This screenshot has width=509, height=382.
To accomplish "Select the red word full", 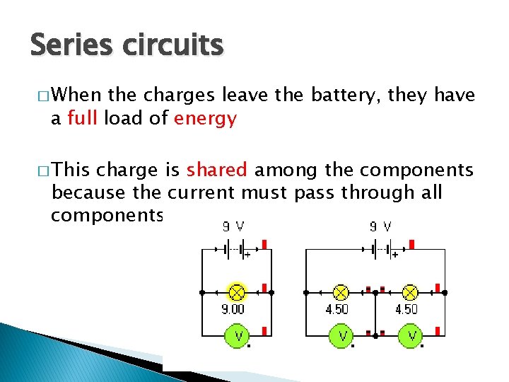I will click(83, 118).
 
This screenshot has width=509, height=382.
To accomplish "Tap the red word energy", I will click(205, 119).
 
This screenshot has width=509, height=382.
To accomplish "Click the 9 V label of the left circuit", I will click(234, 228).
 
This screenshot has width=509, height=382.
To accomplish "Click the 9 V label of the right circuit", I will click(382, 228).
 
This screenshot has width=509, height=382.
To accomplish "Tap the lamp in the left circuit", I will click(237, 291).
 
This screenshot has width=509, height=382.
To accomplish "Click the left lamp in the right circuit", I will click(341, 291).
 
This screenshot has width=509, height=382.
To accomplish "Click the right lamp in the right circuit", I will click(409, 291).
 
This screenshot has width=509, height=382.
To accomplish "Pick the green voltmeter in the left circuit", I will click(238, 335).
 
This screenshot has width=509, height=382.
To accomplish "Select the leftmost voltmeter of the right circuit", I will click(341, 335).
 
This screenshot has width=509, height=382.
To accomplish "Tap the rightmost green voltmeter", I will click(410, 335).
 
